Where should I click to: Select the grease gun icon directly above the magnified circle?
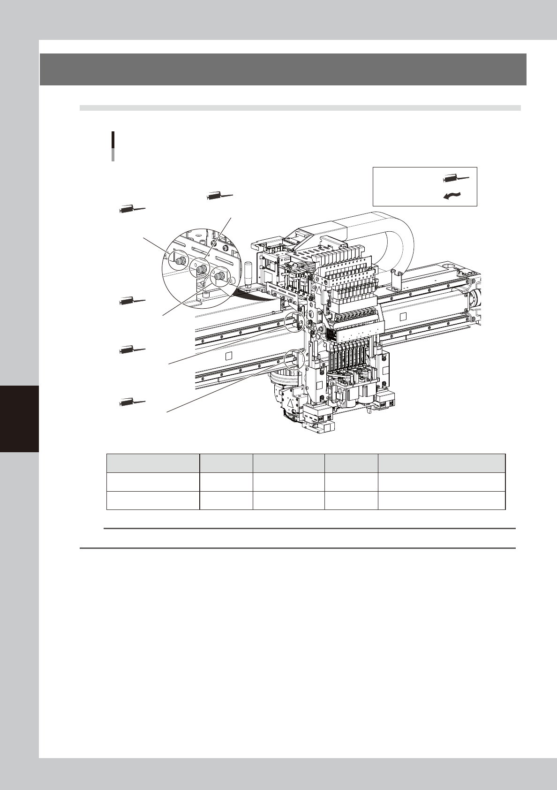pos(220,196)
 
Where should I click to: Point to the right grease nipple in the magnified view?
pos(218,277)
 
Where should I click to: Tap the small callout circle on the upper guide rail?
pos(294,322)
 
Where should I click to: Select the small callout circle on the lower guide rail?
pos(294,358)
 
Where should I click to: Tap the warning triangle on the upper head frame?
pos(319,291)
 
